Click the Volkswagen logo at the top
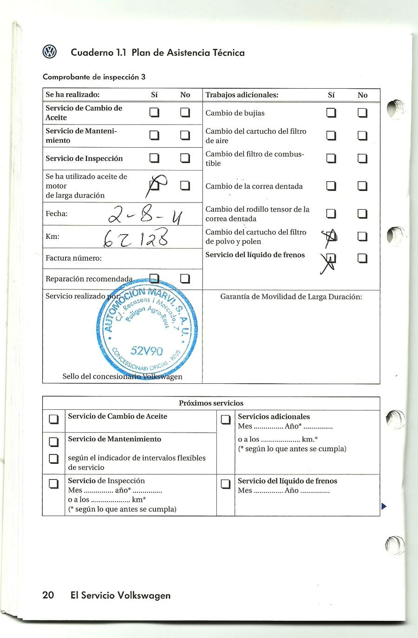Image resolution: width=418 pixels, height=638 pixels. coord(49,52)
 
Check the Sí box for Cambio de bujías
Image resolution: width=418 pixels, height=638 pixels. coord(331,113)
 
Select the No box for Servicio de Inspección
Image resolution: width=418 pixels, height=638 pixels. coord(185,158)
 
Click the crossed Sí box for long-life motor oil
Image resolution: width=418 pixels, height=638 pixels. coord(156,185)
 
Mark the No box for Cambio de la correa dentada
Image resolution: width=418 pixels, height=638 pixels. coord(362,186)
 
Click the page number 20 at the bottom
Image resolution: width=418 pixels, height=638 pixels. coord(48,595)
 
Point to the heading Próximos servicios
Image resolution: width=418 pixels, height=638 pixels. coord(211,403)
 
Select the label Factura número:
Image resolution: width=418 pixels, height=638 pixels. coord(73,258)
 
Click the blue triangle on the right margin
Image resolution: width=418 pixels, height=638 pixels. coord(383,506)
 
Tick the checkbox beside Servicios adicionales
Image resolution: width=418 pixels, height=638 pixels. coord(226,420)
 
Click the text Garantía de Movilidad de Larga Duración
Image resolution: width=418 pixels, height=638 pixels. coord(291,296)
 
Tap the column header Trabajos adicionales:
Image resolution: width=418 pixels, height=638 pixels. coord(242,95)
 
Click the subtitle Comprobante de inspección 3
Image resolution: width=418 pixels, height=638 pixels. coord(94,77)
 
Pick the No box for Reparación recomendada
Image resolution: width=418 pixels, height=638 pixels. coord(185,279)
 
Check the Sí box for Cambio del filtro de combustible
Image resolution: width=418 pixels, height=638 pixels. coord(331,158)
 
